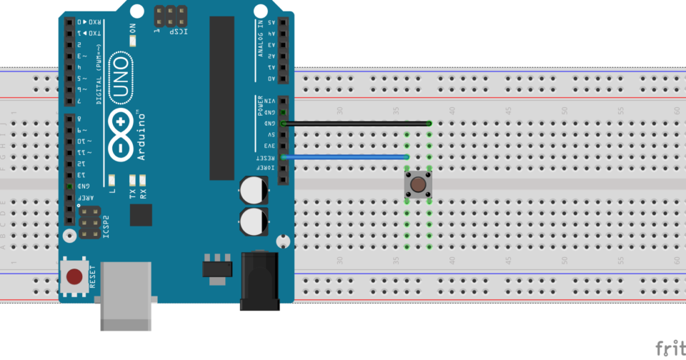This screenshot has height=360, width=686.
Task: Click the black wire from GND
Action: click(357, 124)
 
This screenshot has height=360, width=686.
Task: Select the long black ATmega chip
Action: click(222, 99)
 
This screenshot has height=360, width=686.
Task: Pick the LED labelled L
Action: click(112, 179)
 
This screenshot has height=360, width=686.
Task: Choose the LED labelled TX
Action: click(133, 179)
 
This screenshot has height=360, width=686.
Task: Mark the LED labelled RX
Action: click(143, 179)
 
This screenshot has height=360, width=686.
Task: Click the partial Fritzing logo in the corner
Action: click(670, 348)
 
